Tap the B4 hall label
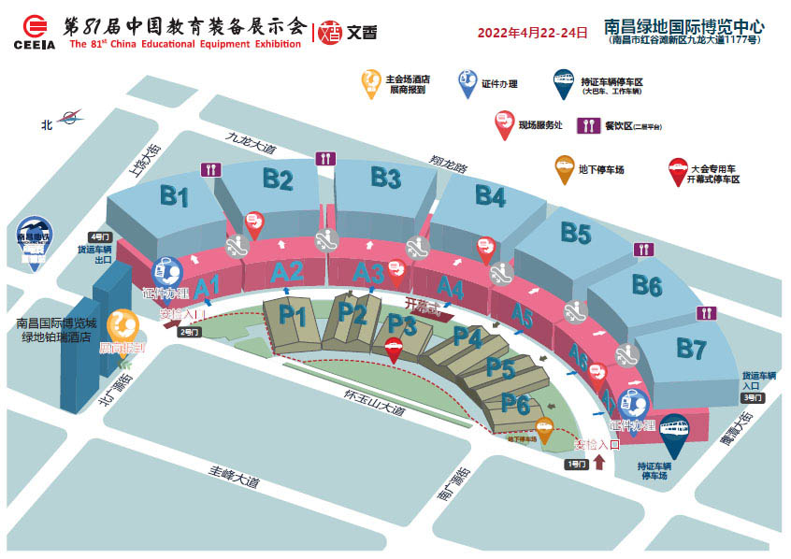pyautogui.click(x=489, y=195)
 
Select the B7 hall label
pyautogui.click(x=691, y=351)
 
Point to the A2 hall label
pyautogui.click(x=287, y=272)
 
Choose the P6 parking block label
pyautogui.click(x=516, y=403)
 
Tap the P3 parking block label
pyautogui.click(x=402, y=324)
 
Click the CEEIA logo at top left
pyautogui.click(x=34, y=33)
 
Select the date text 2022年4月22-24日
pyautogui.click(x=532, y=33)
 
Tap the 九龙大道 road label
pyautogui.click(x=252, y=143)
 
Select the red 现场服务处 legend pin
pyautogui.click(x=505, y=123)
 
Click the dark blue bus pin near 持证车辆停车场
pyautogui.click(x=677, y=433)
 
